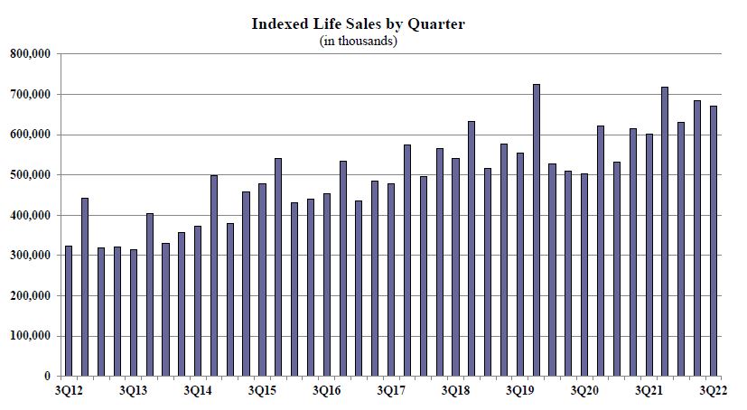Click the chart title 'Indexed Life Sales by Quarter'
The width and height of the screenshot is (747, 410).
(x=359, y=24)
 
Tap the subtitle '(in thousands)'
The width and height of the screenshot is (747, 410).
(x=359, y=41)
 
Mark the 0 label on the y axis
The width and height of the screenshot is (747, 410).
(x=48, y=377)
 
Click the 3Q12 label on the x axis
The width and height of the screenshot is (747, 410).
(x=69, y=391)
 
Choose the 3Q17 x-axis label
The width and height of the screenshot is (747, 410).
(x=392, y=391)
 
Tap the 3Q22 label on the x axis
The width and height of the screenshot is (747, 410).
(x=714, y=391)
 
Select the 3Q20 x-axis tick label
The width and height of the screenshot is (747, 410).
(x=585, y=391)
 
